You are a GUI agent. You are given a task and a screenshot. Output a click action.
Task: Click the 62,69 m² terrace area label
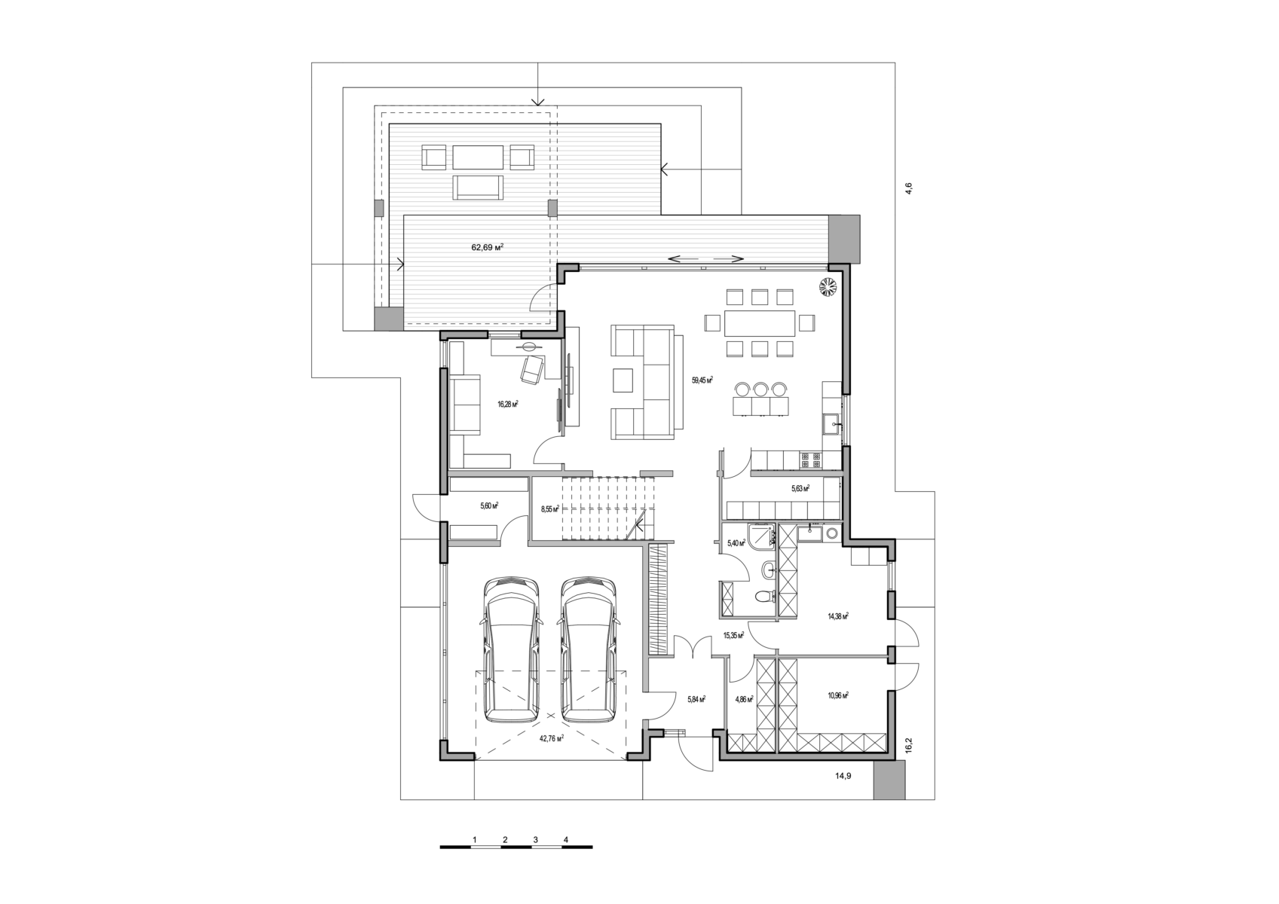coord(487,247)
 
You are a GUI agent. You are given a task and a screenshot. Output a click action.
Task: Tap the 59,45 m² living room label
coord(702,380)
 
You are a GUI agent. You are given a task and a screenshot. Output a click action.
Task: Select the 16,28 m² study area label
coord(507,404)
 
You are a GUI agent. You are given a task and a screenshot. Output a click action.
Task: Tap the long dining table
coord(760,323)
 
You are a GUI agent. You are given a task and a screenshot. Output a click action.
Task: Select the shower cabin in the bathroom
coord(764,537)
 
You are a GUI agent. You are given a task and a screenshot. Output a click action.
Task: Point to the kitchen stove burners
coord(811,460)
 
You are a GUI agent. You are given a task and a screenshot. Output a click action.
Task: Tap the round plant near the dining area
coord(828,286)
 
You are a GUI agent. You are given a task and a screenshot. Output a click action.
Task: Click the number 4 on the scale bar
coord(566,839)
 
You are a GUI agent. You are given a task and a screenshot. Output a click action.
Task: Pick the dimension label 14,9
coord(843,775)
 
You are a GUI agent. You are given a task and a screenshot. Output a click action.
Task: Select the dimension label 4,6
coord(909,188)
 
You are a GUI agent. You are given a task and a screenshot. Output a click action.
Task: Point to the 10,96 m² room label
coord(837,695)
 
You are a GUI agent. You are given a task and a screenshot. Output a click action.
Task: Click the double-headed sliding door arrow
coord(705,258)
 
